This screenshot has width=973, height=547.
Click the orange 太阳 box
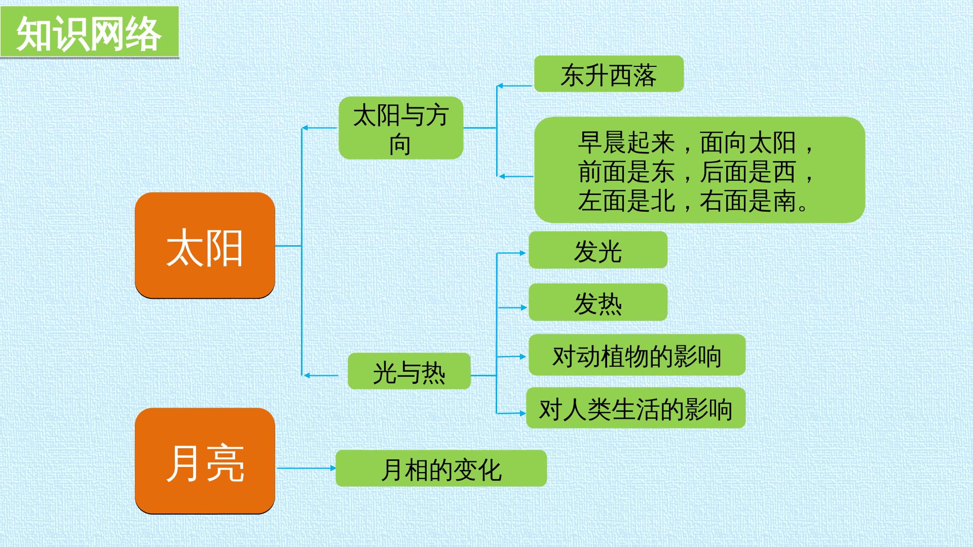point(205,245)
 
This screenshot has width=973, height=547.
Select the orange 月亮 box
point(205,461)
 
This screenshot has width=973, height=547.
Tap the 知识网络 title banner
point(90,32)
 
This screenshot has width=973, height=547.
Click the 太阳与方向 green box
point(401,128)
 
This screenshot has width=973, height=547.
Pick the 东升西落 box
point(609,74)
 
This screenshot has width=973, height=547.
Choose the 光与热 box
point(409,371)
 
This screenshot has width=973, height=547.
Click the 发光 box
point(598,250)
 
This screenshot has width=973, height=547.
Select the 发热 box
point(598,302)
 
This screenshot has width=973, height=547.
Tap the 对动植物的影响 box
point(637,355)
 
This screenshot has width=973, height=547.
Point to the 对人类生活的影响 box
point(636,408)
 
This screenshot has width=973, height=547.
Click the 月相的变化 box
point(441,468)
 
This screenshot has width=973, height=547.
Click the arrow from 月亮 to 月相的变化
point(307,468)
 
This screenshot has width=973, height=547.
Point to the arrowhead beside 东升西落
point(500,86)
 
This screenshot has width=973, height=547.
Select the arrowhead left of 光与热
point(307,375)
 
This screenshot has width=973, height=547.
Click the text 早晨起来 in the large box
point(626,143)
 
